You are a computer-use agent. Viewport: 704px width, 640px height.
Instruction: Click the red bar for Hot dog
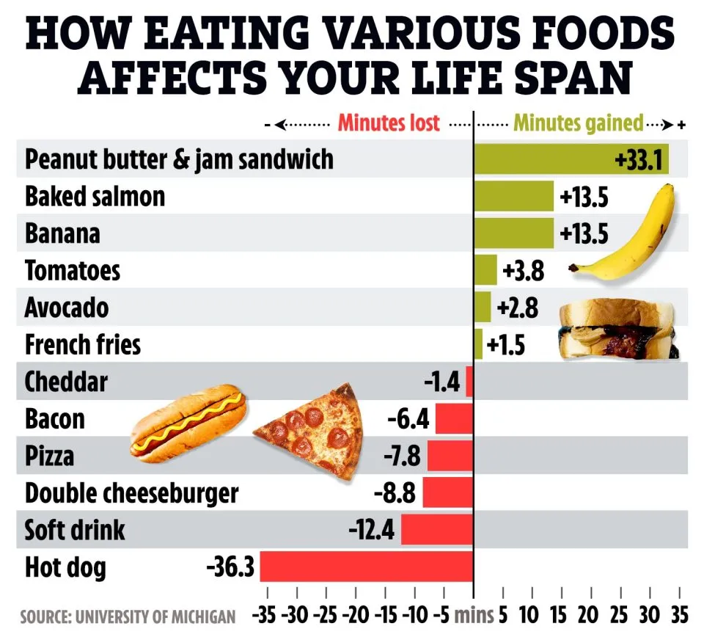pos(367,567)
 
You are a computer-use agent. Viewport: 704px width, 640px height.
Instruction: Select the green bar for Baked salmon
pos(513,197)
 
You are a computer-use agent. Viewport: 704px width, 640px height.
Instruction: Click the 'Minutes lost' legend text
pos(389,123)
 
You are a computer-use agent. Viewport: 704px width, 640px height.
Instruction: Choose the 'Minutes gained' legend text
pos(578,123)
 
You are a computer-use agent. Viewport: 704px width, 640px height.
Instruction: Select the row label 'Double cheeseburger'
pos(132,493)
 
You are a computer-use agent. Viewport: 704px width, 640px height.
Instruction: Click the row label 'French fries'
pos(82,344)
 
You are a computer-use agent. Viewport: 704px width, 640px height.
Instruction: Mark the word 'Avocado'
pos(66,308)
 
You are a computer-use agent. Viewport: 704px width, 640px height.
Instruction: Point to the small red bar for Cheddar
pos(469,382)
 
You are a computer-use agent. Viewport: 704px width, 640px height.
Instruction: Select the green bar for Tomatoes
pos(485,271)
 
